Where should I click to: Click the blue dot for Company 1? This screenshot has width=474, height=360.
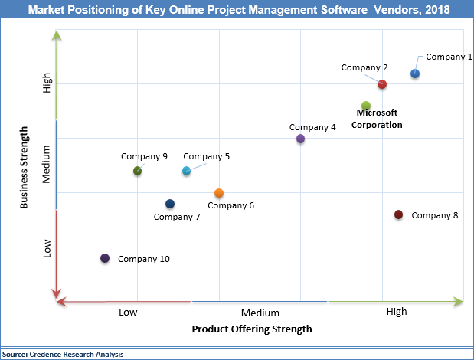click(x=414, y=74)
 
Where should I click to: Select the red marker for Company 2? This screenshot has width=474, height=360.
click(x=382, y=84)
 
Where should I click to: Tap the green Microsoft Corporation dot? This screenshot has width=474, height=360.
click(x=366, y=106)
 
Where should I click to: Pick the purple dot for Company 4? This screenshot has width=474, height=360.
click(x=300, y=139)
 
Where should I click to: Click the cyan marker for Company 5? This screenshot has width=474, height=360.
click(x=186, y=171)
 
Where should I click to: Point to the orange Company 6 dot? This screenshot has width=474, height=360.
click(x=219, y=193)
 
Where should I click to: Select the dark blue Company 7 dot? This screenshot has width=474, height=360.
click(x=170, y=204)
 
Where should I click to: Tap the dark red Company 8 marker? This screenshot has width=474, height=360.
click(x=398, y=214)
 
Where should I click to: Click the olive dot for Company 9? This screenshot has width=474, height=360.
click(x=137, y=171)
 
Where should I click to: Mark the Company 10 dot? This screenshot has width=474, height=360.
click(x=105, y=258)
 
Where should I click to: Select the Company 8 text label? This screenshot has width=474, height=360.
click(x=434, y=215)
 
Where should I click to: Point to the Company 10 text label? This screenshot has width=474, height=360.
click(x=143, y=259)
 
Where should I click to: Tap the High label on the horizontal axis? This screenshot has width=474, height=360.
click(x=397, y=312)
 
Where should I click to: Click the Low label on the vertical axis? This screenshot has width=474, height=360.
click(x=47, y=248)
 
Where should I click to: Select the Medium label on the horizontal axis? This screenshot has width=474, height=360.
click(x=260, y=313)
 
